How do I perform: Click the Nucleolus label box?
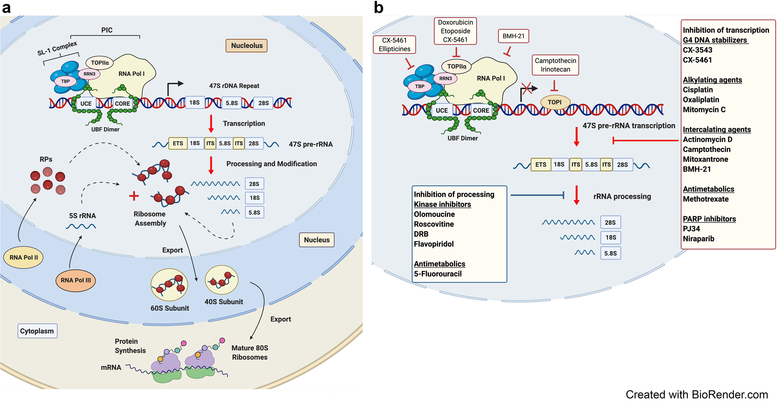click(246, 45)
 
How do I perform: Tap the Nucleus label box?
click(317, 240)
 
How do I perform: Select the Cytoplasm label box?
click(37, 331)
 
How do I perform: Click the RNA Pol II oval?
click(24, 257)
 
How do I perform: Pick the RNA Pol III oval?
click(75, 280)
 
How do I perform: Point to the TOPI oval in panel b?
click(555, 102)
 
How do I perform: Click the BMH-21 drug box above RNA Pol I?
click(513, 36)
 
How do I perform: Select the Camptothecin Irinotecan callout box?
click(555, 65)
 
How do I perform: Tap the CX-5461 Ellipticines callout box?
click(394, 45)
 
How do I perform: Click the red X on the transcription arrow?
click(527, 88)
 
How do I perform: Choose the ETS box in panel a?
click(178, 143)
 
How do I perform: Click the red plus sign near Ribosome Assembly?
click(134, 196)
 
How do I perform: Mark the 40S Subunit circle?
click(222, 280)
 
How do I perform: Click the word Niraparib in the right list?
click(698, 239)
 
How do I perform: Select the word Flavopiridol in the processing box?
click(434, 244)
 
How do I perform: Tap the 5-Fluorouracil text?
click(438, 274)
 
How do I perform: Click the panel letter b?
click(378, 8)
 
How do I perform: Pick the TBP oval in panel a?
click(65, 81)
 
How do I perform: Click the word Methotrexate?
click(706, 199)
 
